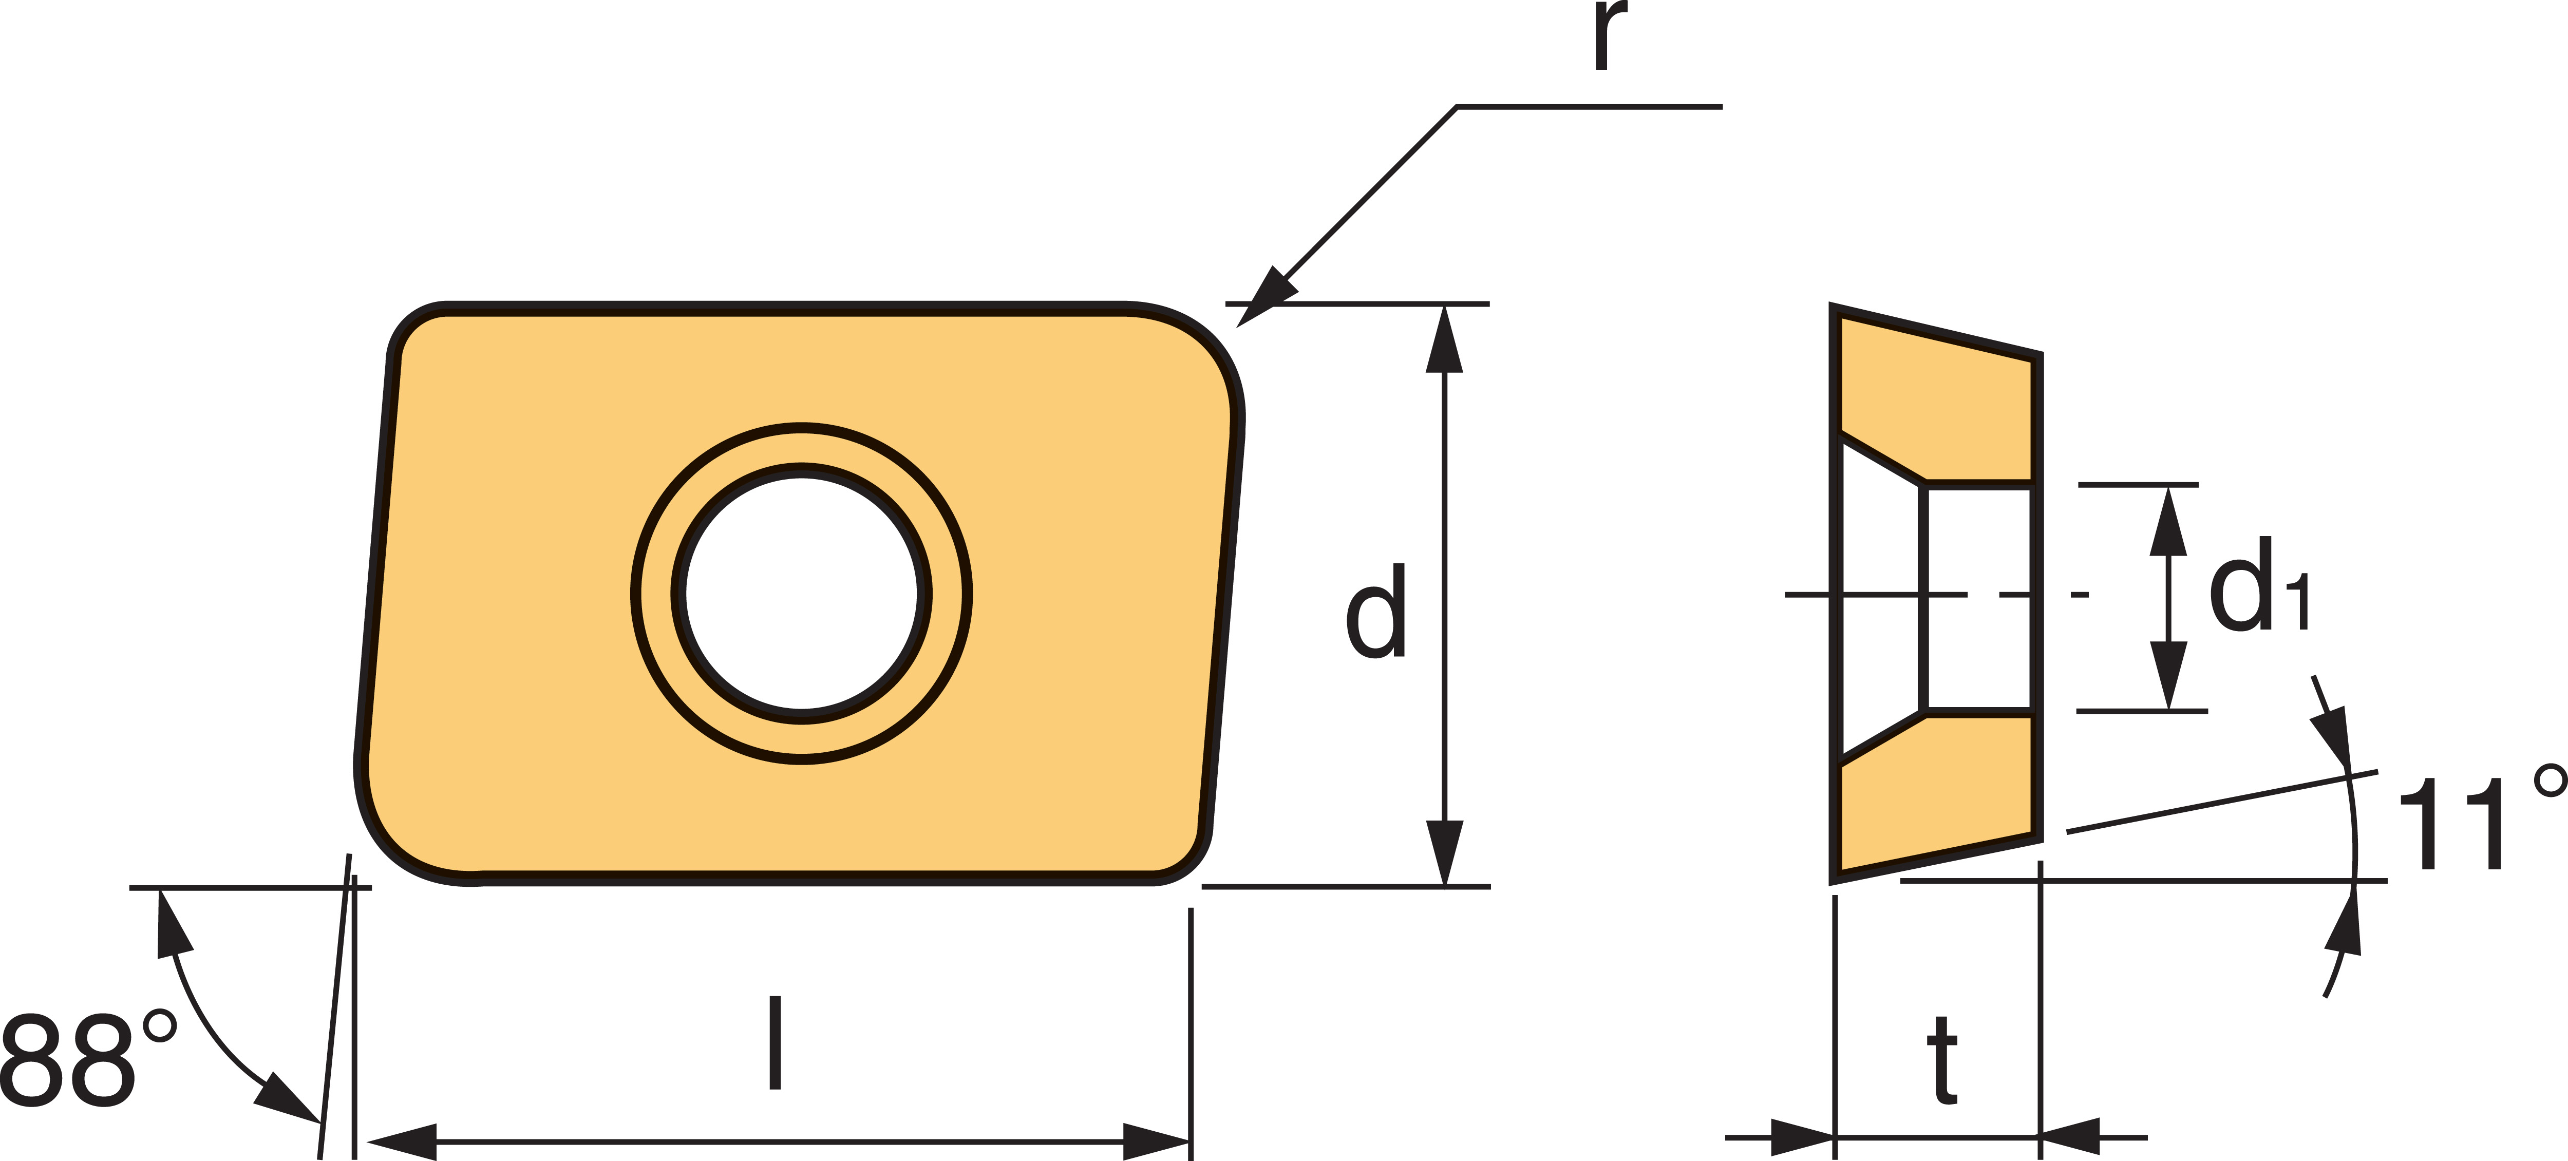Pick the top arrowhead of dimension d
coord(1444,339)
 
